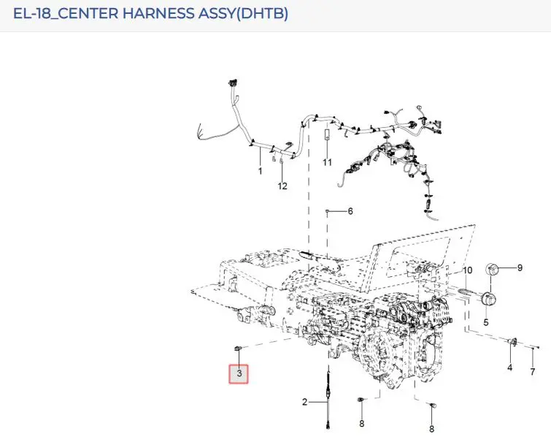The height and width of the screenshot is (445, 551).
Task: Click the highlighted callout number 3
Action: pyautogui.click(x=239, y=373)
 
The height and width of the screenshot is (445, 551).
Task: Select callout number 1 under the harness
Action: pyautogui.click(x=260, y=171)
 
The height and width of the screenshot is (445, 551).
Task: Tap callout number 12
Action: pyautogui.click(x=282, y=186)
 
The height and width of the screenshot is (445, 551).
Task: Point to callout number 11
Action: pyautogui.click(x=327, y=162)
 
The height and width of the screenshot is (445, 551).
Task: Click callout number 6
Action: pyautogui.click(x=350, y=211)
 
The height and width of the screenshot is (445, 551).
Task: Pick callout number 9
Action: pyautogui.click(x=520, y=268)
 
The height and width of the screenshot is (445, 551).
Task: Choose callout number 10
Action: pyautogui.click(x=467, y=270)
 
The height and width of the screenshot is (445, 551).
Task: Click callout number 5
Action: pyautogui.click(x=486, y=322)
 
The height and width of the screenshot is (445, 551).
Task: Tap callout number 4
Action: pyautogui.click(x=510, y=368)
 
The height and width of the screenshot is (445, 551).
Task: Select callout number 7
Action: pyautogui.click(x=532, y=371)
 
